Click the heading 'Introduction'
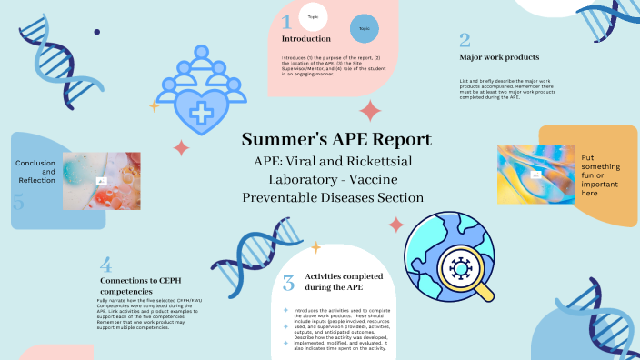306,39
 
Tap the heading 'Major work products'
499,57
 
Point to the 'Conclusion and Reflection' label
35,171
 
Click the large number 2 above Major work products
465,40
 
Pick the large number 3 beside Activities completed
288,284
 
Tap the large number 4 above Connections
106,265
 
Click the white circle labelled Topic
313,15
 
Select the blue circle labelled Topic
365,28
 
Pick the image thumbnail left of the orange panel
536,174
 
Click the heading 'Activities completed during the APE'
344,281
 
